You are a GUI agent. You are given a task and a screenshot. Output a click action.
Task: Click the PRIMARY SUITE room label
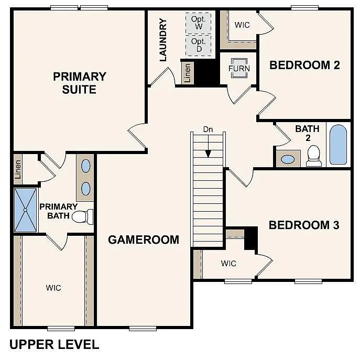click(x=79, y=83)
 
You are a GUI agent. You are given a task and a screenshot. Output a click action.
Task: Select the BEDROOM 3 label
click(x=304, y=225)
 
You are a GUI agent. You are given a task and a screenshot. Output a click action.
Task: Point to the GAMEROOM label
click(x=144, y=239)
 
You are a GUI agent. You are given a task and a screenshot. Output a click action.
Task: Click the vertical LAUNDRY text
click(x=163, y=40)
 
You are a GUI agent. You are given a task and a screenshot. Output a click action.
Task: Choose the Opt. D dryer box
click(x=199, y=45)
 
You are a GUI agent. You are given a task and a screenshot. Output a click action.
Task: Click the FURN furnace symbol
click(x=239, y=68)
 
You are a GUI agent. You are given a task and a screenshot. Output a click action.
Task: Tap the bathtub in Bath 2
click(x=339, y=144)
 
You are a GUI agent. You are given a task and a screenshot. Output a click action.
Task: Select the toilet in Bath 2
click(x=314, y=155)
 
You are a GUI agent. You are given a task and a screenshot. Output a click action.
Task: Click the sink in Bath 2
click(x=288, y=158)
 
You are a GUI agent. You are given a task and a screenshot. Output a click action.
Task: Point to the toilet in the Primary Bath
click(x=83, y=216)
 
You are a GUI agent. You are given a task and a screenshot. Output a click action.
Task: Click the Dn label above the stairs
click(x=209, y=129)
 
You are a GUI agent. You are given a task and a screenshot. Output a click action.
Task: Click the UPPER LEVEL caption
click(x=54, y=344)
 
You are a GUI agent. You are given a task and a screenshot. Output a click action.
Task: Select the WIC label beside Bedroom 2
click(x=242, y=25)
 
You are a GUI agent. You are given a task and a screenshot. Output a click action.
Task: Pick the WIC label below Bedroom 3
click(x=228, y=263)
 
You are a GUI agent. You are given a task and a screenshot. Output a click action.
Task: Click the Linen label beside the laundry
click(x=188, y=73)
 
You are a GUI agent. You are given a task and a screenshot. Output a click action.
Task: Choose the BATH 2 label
click(x=303, y=133)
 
